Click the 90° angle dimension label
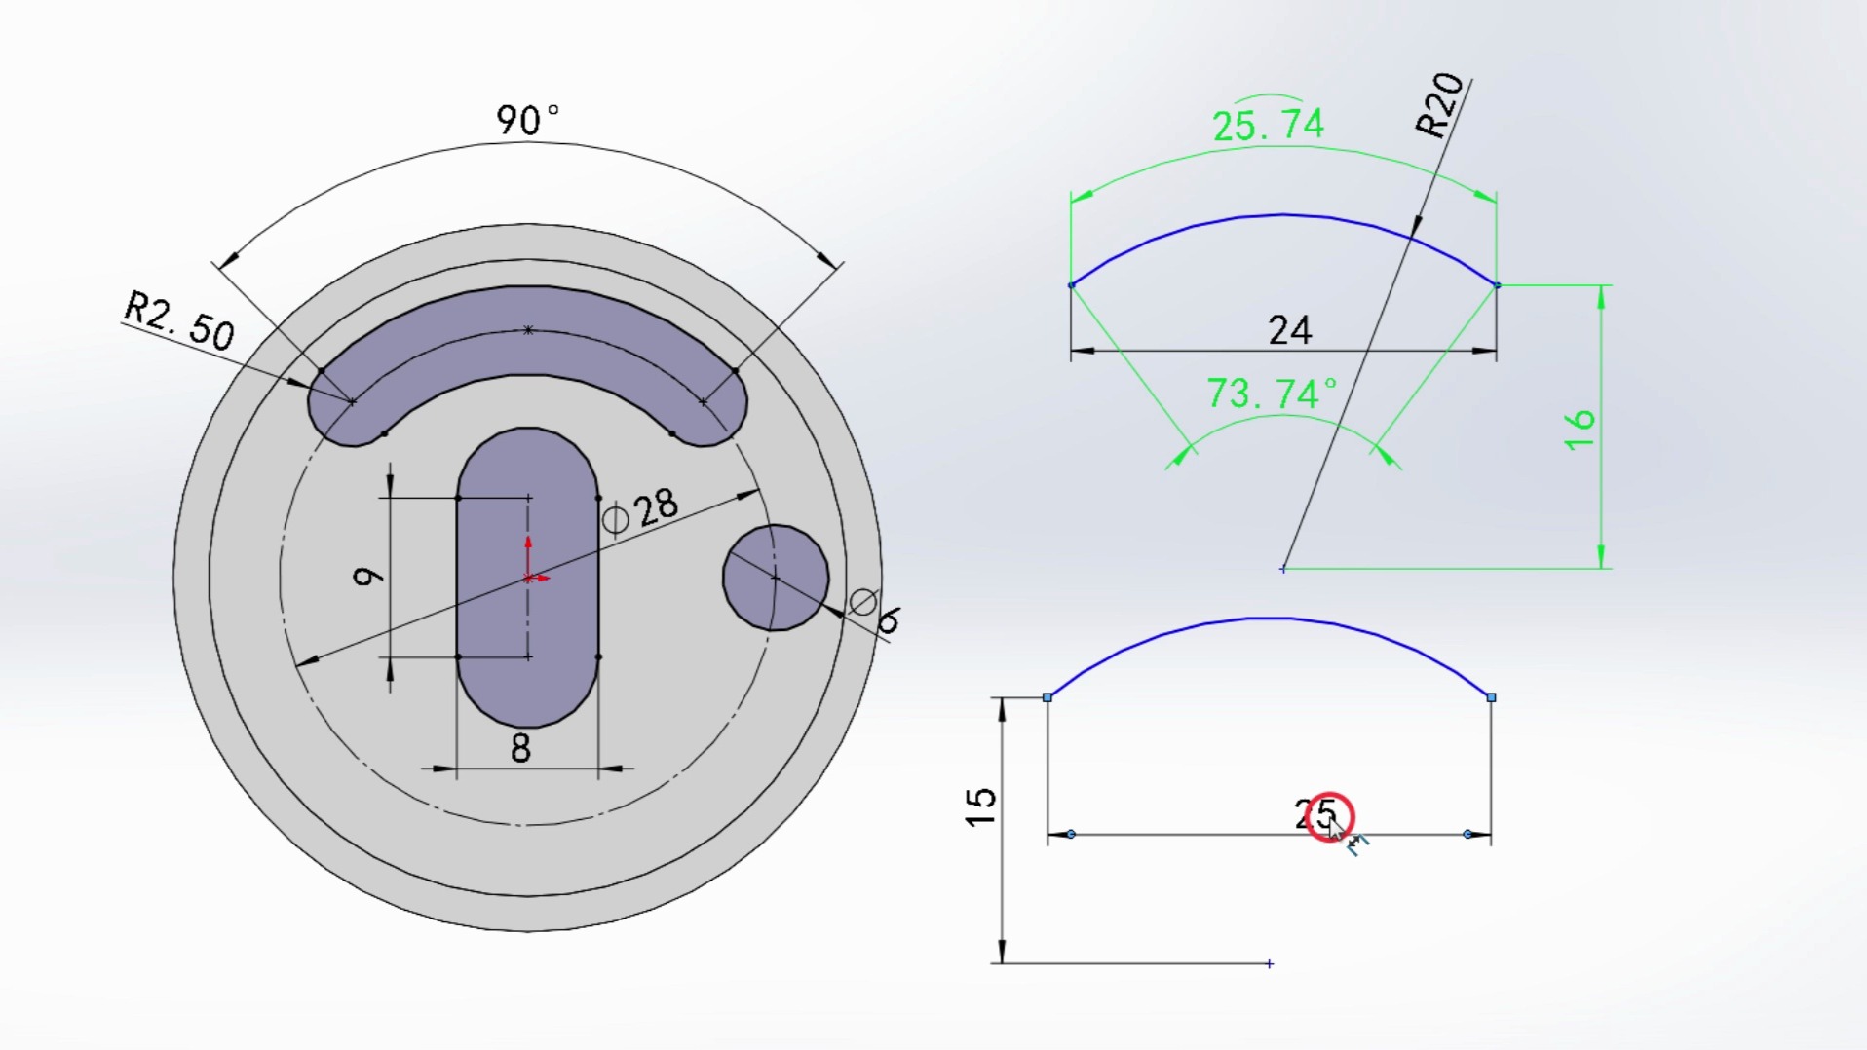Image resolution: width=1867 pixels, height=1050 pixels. (527, 121)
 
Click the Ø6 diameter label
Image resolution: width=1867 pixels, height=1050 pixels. (875, 612)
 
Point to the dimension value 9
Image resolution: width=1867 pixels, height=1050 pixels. (367, 577)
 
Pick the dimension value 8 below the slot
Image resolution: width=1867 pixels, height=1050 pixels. (520, 749)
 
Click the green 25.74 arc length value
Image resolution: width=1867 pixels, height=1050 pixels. (1268, 126)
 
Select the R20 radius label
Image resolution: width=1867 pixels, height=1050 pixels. (1439, 105)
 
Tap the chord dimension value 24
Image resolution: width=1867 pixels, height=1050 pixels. (1289, 331)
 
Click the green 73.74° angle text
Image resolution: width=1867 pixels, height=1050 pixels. (1272, 394)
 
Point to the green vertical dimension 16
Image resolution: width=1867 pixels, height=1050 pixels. (1580, 430)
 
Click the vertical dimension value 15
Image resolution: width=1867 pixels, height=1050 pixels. (981, 807)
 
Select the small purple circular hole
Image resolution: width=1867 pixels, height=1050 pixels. (776, 578)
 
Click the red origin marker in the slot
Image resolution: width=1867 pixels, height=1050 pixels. (529, 578)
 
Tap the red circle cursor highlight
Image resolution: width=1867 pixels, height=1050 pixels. (1328, 817)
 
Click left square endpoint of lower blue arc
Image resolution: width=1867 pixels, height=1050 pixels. (1048, 697)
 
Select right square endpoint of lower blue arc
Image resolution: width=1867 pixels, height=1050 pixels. (1491, 697)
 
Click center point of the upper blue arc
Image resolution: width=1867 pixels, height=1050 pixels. (1283, 569)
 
